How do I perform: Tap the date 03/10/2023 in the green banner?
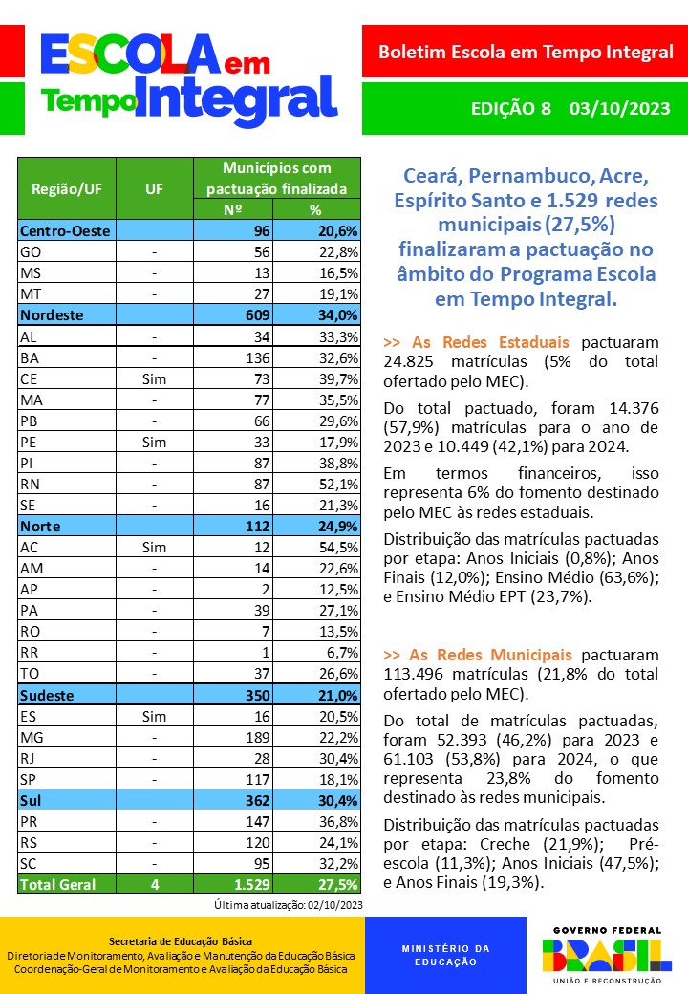(619, 108)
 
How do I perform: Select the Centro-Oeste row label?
(65, 230)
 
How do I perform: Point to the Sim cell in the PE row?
(154, 442)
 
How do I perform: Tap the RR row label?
(30, 652)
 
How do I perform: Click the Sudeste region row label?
(47, 695)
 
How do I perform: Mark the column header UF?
(154, 188)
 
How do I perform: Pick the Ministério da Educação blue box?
(444, 955)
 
